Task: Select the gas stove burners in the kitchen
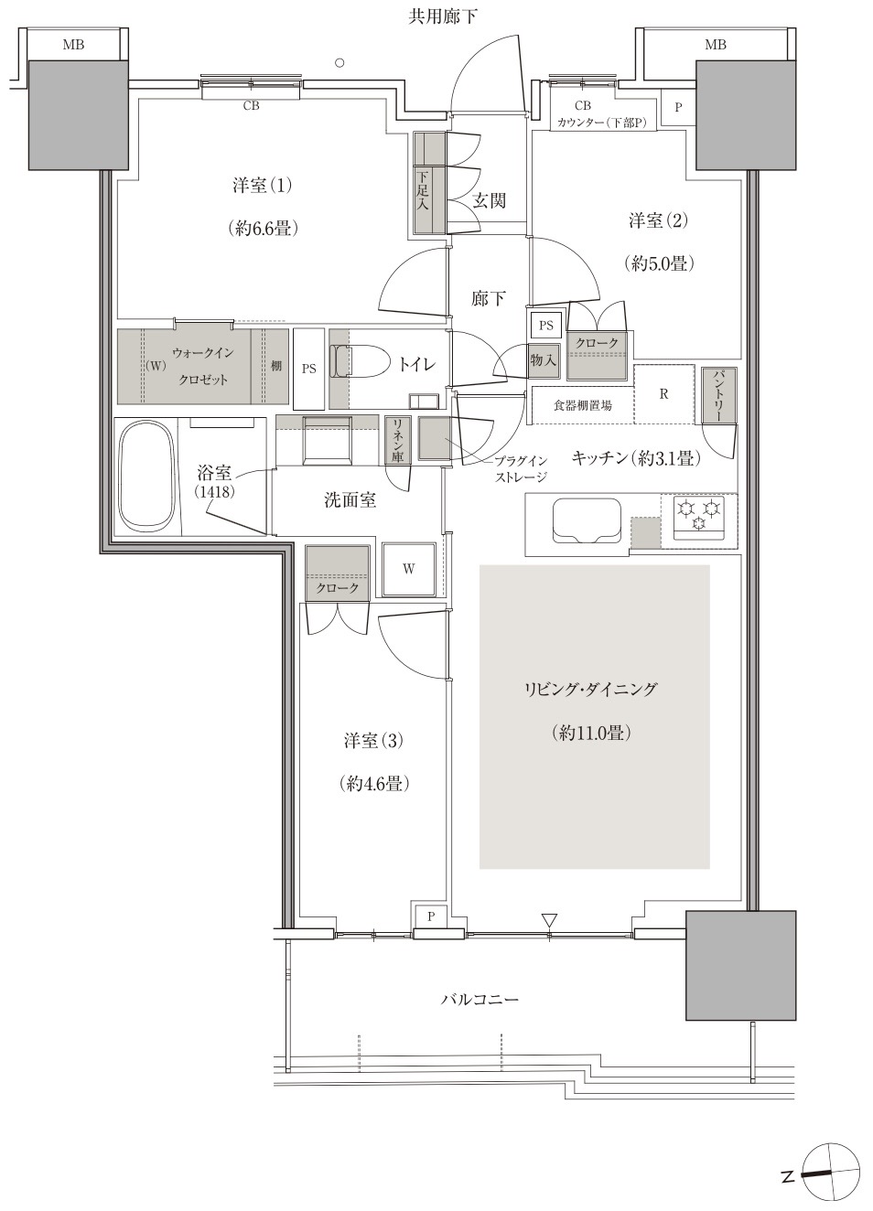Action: click(698, 517)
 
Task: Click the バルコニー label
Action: click(480, 999)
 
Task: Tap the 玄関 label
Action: click(490, 200)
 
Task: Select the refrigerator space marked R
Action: click(663, 394)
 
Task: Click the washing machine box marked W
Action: click(409, 569)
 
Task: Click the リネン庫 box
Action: click(398, 439)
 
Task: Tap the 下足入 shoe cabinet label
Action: click(423, 189)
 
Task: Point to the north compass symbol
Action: click(831, 1172)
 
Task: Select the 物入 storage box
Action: click(543, 360)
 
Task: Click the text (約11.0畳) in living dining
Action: click(593, 733)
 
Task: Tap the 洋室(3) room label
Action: click(373, 740)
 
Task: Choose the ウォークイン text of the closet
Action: click(203, 353)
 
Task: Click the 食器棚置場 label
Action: click(583, 405)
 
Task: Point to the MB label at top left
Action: click(73, 45)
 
